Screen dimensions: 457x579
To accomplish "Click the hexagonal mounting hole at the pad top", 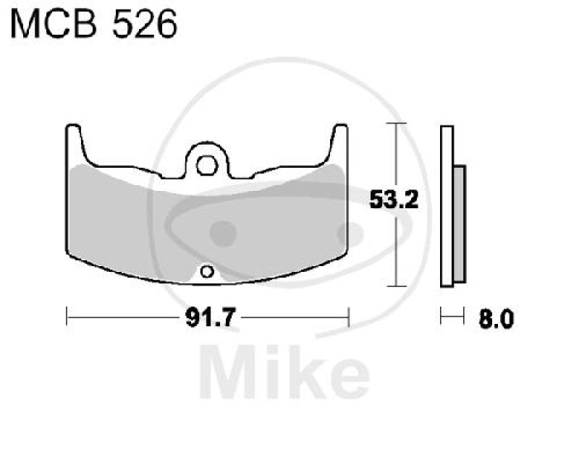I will click(x=206, y=163).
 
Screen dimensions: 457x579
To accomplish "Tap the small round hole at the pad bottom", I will click(x=207, y=272).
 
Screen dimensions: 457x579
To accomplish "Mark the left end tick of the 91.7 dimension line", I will click(x=67, y=316).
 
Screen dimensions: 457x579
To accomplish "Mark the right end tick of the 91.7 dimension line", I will click(x=349, y=316).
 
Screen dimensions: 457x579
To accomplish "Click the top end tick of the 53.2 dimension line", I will click(x=394, y=124).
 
